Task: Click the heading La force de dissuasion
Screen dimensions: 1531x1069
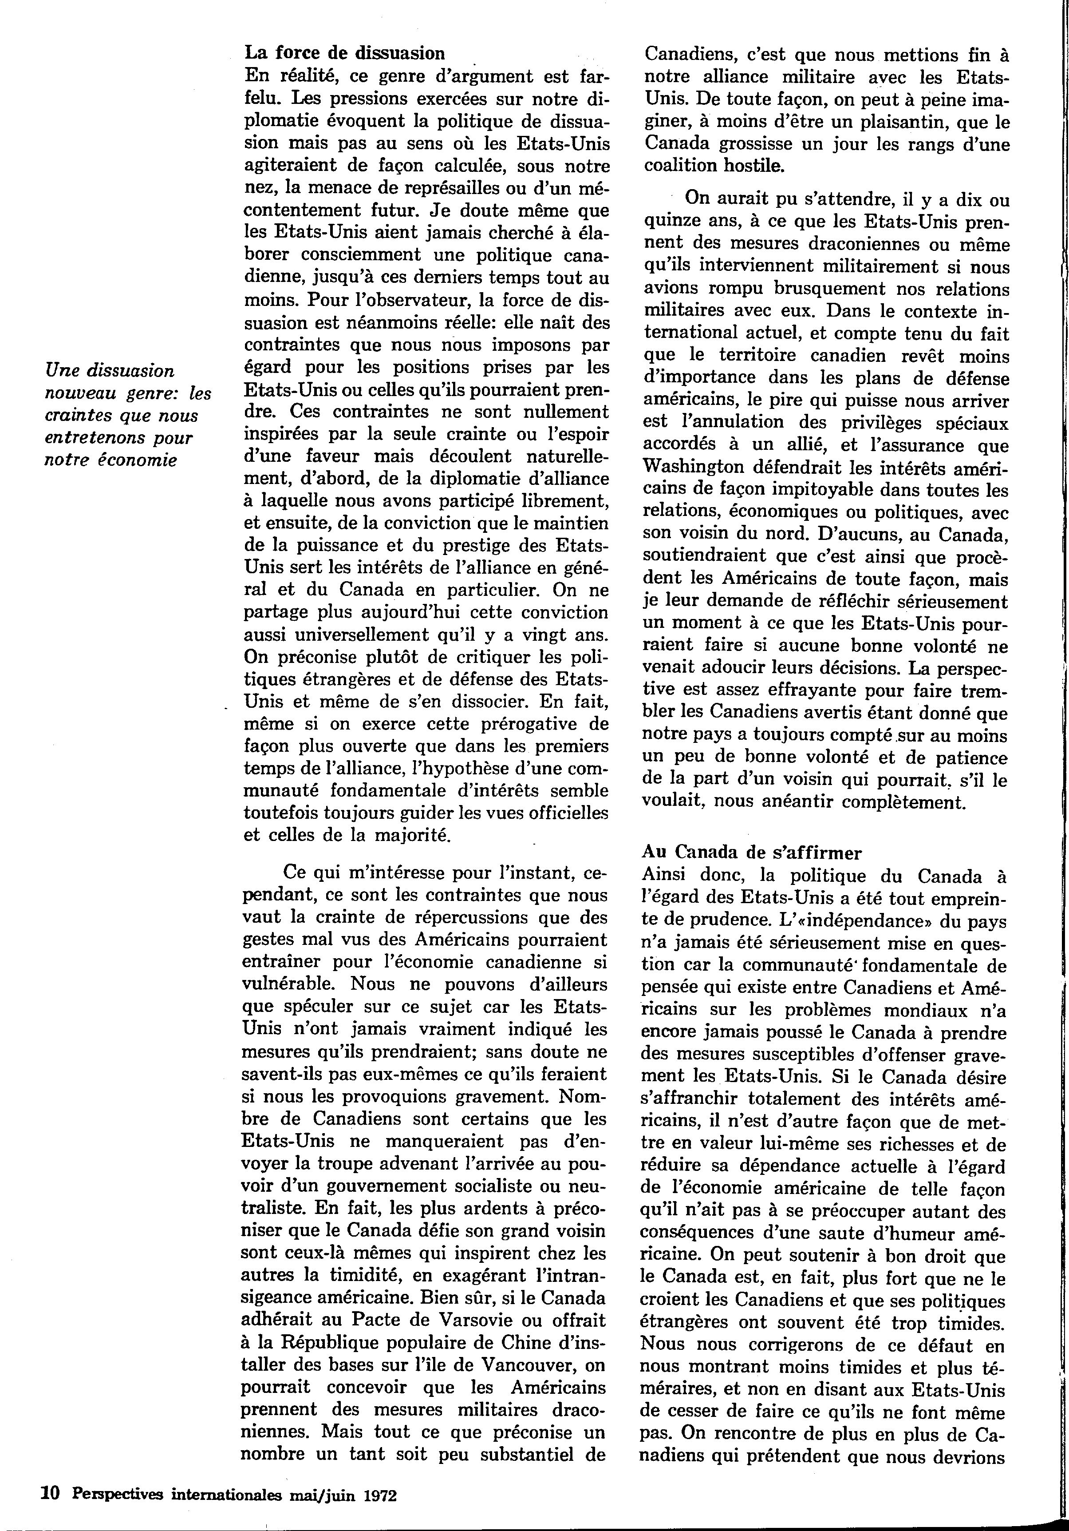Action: tap(344, 53)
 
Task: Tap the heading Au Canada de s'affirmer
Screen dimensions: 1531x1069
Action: tap(752, 852)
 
